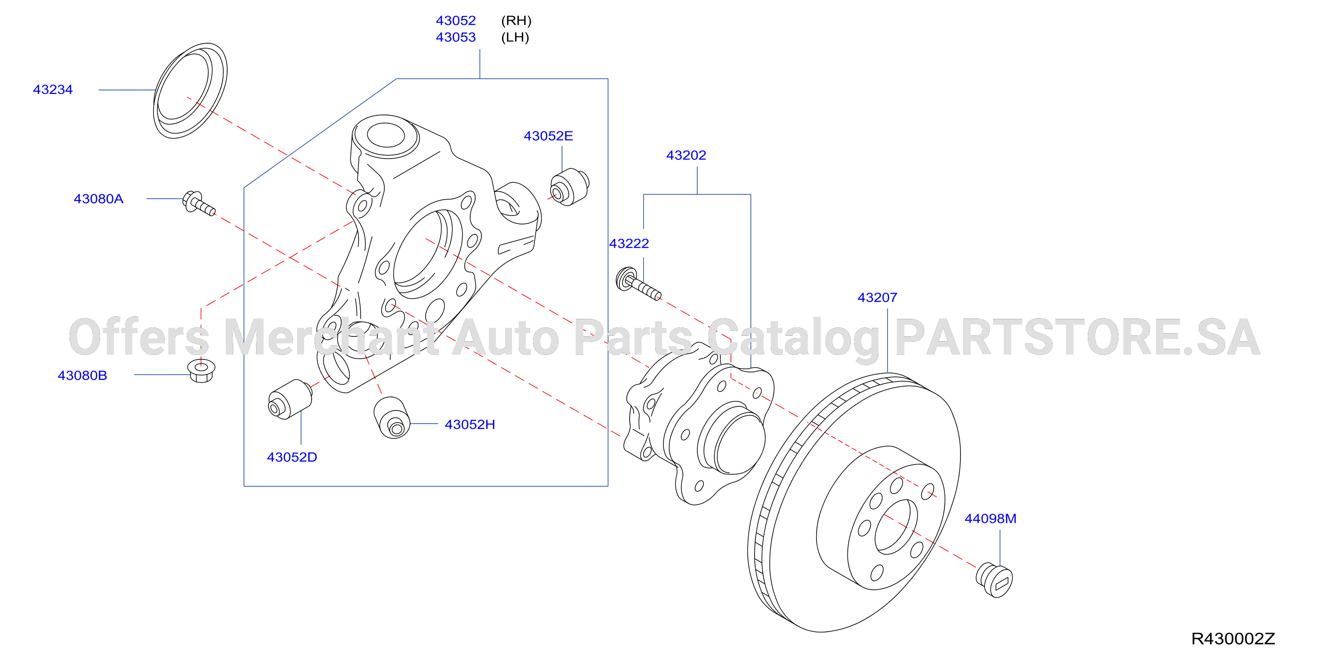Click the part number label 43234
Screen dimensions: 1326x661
coord(53,90)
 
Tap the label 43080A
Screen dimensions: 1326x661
coord(98,199)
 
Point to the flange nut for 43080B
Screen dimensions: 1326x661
coord(201,371)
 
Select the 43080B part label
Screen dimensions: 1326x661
coord(82,375)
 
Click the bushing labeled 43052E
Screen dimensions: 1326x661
coord(569,187)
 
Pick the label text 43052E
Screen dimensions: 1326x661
coord(548,136)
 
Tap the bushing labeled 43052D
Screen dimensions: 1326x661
coord(290,399)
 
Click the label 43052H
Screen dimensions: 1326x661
coord(470,424)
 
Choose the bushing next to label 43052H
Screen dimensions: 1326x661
coord(392,417)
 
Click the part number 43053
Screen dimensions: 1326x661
coord(456,37)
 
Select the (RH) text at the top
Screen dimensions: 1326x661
coord(517,20)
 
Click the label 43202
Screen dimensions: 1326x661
coord(686,155)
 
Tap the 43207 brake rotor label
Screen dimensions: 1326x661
coord(877,298)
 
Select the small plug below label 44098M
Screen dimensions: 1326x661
coord(994,580)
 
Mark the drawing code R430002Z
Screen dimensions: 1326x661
coord(1233,639)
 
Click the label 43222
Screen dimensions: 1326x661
coord(629,244)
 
